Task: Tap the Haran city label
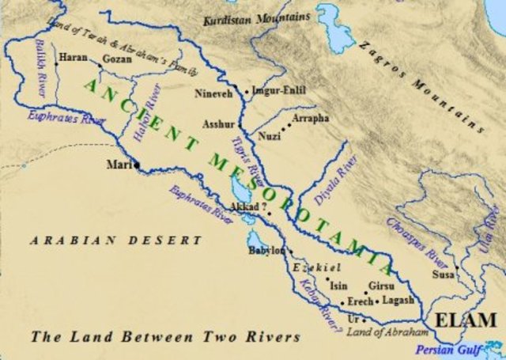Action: pos(74,58)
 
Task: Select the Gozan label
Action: pos(116,59)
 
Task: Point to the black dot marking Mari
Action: pos(137,165)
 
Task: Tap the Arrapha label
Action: pos(311,118)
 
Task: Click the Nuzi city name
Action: pos(270,136)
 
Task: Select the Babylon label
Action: pos(266,250)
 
